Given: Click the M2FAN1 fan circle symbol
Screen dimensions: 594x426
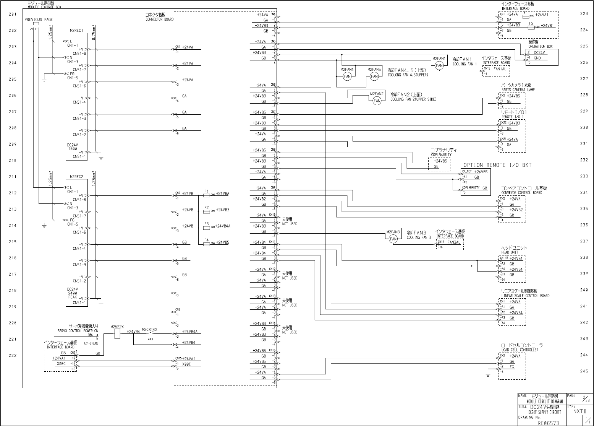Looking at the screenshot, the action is (x=439, y=66).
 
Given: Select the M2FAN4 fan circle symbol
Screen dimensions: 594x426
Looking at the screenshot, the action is (x=347, y=76).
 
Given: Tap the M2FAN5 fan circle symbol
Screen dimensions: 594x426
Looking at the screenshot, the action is (x=374, y=76).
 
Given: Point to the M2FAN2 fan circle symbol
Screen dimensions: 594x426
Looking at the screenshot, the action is (x=377, y=101).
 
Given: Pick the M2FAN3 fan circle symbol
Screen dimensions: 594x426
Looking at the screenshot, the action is (x=393, y=239).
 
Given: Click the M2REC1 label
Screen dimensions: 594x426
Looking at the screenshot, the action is (x=76, y=30).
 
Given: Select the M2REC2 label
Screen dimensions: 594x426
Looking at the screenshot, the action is (x=76, y=177).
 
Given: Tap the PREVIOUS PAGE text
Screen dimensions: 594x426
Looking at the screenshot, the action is (x=39, y=20).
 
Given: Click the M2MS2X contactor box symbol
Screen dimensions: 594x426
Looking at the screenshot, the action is (x=117, y=334).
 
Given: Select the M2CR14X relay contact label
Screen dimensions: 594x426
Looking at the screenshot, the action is (x=149, y=329).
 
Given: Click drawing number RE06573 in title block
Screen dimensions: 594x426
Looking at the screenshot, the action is (x=548, y=423).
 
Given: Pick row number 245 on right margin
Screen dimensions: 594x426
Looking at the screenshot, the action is (x=584, y=371).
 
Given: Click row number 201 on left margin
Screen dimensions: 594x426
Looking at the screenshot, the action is (x=13, y=15).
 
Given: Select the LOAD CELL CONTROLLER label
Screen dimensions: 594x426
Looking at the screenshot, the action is (x=520, y=350).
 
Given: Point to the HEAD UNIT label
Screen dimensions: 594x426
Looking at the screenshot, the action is (x=509, y=252).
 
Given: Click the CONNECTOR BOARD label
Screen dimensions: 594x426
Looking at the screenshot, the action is (x=159, y=19).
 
